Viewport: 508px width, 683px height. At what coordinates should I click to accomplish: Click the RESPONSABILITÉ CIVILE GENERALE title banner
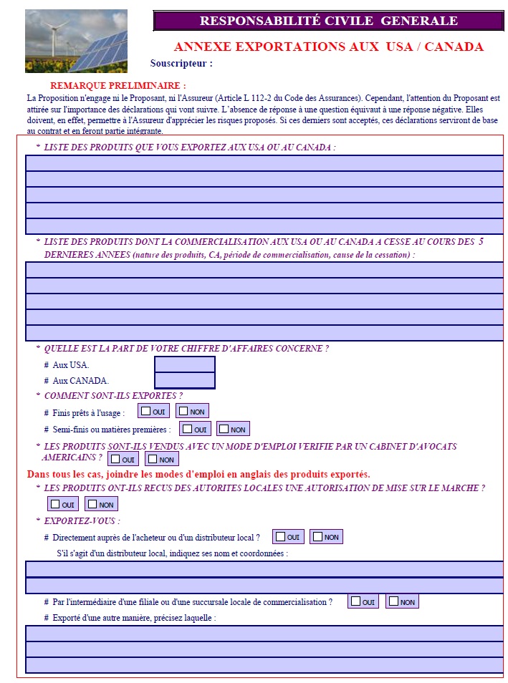328,21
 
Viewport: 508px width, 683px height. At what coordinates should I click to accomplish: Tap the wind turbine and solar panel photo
76,41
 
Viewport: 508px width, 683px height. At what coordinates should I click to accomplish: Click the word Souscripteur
181,63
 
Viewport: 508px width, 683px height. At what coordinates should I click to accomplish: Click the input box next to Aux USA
185,364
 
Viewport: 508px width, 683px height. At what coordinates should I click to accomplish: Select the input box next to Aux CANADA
185,380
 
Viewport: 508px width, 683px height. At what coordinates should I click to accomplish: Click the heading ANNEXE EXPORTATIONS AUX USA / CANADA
328,47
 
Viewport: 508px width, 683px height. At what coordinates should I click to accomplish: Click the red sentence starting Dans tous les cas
198,474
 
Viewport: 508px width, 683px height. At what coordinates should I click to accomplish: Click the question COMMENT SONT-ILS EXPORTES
113,396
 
